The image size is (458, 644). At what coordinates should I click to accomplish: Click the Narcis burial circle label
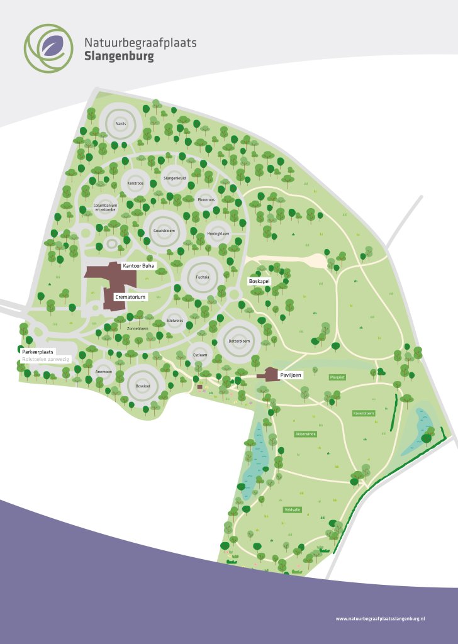[121, 124]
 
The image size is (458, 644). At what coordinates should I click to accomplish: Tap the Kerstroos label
[135, 183]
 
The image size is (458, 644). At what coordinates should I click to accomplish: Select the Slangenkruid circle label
[174, 179]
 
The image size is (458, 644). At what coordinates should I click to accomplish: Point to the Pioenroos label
[206, 199]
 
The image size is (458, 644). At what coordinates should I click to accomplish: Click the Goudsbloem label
[163, 231]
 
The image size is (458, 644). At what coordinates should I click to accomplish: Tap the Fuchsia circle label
[202, 276]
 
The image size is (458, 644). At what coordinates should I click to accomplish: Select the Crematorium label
[130, 296]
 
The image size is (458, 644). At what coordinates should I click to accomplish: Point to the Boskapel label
[259, 280]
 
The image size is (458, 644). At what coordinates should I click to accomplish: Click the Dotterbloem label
[239, 341]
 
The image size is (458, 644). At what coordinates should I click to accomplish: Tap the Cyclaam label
[200, 355]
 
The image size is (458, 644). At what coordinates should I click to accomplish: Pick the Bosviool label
[142, 385]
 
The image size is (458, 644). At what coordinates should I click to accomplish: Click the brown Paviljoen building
[271, 374]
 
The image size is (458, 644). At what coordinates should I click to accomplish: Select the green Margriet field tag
[337, 377]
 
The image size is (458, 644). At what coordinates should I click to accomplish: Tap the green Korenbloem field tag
[363, 413]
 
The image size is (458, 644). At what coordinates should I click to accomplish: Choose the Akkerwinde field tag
[305, 434]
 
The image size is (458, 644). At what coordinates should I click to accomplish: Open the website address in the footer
[381, 619]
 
